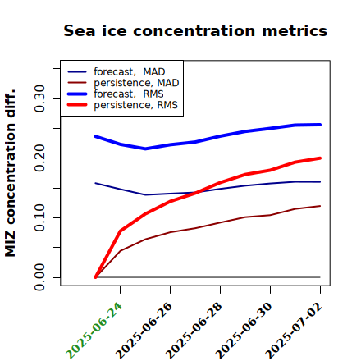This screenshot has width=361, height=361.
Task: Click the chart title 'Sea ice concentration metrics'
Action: point(195,30)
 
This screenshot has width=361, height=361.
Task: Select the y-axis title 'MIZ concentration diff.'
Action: point(10,173)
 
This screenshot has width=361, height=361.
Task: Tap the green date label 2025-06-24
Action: point(94,331)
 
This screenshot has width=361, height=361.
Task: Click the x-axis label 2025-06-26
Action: point(144,331)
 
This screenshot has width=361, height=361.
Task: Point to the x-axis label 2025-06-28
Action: point(194,331)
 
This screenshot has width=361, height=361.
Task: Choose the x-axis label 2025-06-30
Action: point(244,331)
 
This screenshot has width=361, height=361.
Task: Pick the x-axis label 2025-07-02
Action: point(294,331)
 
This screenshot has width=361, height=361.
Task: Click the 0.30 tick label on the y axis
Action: point(39,98)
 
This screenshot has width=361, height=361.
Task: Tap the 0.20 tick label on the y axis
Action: point(39,158)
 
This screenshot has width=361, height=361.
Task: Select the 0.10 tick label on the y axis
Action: point(39,217)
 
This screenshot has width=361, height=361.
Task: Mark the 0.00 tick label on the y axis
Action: point(39,277)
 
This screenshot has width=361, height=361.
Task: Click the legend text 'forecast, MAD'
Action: point(130,71)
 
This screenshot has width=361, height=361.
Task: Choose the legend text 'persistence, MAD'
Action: point(136,83)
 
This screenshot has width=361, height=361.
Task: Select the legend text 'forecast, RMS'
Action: point(129,94)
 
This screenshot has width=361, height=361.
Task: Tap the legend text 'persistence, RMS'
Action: point(135,105)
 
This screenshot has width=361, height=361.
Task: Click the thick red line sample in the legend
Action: point(77,105)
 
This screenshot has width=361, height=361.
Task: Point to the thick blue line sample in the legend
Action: point(77,94)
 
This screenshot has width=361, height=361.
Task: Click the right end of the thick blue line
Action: point(320,125)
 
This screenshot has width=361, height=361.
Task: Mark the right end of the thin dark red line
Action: point(320,206)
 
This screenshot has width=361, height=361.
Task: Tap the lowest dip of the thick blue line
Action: point(145,149)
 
